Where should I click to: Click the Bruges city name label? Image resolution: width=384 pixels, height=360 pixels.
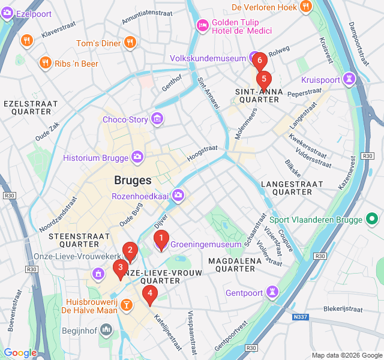pyautogui.click(x=133, y=180)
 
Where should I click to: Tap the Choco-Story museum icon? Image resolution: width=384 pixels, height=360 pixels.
pyautogui.click(x=157, y=119)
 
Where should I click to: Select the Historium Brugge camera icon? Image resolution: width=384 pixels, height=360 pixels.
pyautogui.click(x=137, y=158)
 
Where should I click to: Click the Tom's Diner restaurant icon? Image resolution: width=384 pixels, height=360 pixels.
pyautogui.click(x=130, y=43)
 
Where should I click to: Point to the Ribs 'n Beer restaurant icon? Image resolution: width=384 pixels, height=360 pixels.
pyautogui.click(x=46, y=63)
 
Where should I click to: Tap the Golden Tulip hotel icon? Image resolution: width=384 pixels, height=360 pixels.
pyautogui.click(x=202, y=25)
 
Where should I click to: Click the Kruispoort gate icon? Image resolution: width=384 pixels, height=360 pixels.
pyautogui.click(x=349, y=79)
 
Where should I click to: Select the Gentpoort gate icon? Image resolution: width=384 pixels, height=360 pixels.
pyautogui.click(x=273, y=293)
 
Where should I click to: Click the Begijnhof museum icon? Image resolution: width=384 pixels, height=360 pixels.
pyautogui.click(x=106, y=329)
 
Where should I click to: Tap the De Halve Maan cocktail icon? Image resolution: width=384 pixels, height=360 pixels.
pyautogui.click(x=127, y=305)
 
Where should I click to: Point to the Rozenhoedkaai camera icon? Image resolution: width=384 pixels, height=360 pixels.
pyautogui.click(x=178, y=195)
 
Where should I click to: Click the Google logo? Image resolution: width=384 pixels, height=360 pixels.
pyautogui.click(x=20, y=353)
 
